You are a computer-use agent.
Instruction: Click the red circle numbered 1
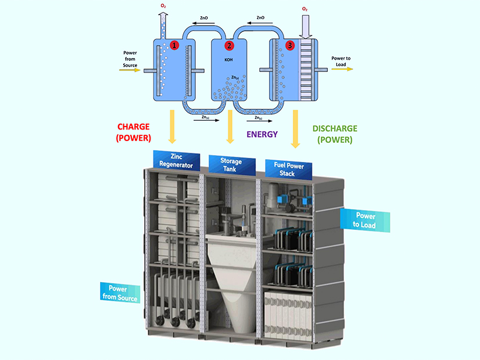[174, 45]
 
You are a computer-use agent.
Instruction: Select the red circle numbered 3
[290, 45]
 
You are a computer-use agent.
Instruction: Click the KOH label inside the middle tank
[228, 59]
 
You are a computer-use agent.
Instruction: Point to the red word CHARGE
[134, 127]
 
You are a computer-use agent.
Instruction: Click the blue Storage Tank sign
[231, 165]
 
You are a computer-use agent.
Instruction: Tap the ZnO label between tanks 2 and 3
[261, 18]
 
